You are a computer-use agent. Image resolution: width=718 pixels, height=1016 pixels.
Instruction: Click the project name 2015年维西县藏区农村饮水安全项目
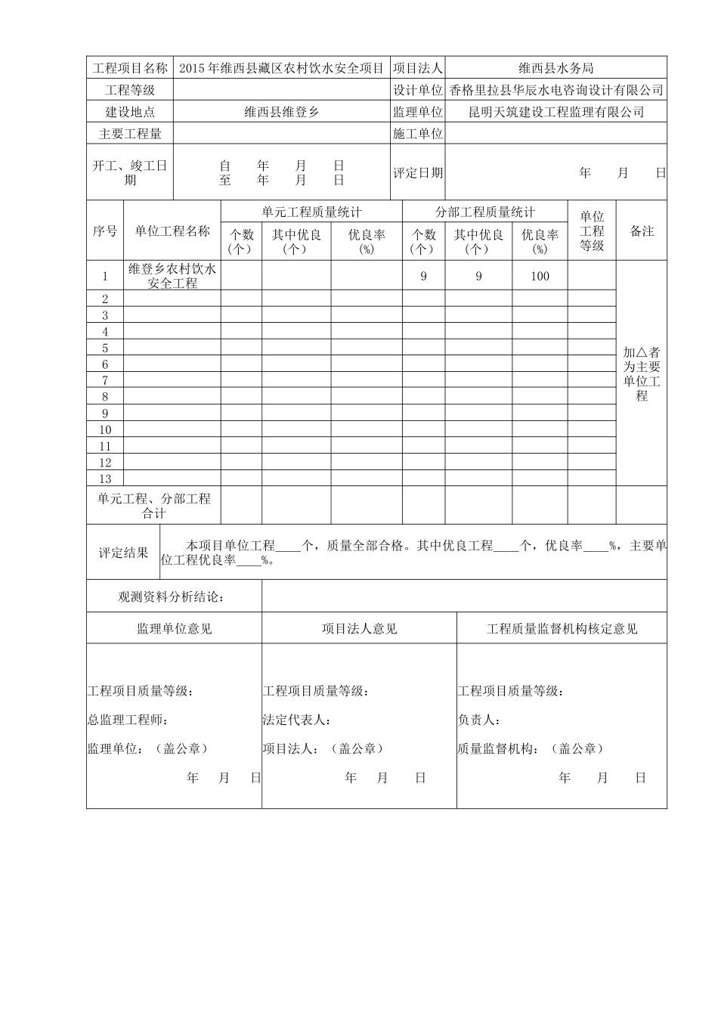coord(282,68)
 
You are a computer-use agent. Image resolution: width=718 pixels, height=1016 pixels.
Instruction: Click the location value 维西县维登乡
coord(282,112)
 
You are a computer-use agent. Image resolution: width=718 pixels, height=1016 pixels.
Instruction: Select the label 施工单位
coord(418,134)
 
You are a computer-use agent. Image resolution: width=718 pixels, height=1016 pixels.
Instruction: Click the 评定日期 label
coord(418,172)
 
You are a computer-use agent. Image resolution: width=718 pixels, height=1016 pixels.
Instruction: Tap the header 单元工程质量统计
coord(311,212)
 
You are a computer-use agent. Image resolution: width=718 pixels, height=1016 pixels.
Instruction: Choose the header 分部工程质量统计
coord(484,212)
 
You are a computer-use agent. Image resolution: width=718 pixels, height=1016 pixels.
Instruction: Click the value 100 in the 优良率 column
coord(540,276)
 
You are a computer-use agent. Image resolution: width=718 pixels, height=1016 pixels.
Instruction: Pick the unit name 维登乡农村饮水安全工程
coord(172,276)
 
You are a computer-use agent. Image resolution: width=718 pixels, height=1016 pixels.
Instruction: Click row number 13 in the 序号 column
coord(105,479)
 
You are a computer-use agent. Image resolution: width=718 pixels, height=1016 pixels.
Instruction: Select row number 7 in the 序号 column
coord(105,381)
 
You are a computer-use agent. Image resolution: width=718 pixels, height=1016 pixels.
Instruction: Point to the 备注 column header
coord(642,231)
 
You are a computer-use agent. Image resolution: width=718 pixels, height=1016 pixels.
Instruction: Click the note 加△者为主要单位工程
coord(642,374)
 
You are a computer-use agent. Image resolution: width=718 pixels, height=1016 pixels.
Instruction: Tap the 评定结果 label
coord(124,553)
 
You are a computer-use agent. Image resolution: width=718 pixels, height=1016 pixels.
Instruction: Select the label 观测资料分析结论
coord(172,597)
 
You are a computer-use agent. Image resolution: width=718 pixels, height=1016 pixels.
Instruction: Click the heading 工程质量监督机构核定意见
coord(562,629)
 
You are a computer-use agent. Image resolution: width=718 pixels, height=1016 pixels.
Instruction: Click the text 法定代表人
coord(297,720)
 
